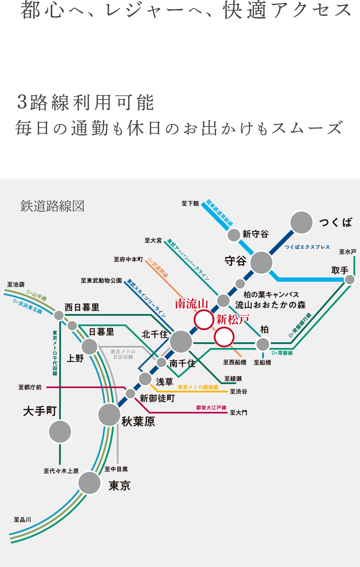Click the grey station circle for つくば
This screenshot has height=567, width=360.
coord(301,223)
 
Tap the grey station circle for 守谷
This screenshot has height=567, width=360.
coord(261,263)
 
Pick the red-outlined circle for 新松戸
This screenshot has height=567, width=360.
coord(224,337)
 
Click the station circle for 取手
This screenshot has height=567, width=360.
coord(350,280)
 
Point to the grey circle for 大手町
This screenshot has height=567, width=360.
coord(60,432)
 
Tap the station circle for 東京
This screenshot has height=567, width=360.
coord(89,483)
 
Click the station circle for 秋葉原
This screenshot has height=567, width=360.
coord(109,415)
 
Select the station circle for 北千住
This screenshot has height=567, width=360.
coord(181,341)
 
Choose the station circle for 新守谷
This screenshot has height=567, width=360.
coord(234,235)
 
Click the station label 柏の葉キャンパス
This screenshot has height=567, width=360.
coord(271,295)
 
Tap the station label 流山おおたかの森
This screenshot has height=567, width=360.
coord(270,305)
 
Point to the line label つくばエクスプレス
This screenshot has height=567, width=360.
coord(307,247)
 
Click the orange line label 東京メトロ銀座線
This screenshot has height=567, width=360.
coord(198,387)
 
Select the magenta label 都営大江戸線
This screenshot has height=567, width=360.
coord(211,408)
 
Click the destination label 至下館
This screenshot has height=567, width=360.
coord(190,204)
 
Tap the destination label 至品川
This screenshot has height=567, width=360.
coord(23,520)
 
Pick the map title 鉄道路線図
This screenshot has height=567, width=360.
coord(52,206)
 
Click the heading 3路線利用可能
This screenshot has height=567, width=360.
coord(86,103)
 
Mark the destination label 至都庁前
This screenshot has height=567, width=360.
coord(30,387)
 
